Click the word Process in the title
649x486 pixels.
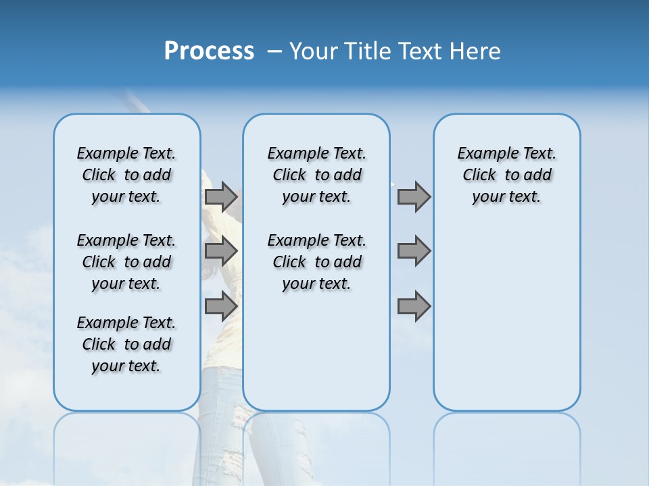[209, 51]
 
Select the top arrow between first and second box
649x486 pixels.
[221, 196]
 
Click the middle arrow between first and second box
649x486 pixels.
[221, 252]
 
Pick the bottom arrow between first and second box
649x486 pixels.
[221, 306]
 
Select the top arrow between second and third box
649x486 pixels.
[414, 196]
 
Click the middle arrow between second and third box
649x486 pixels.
[414, 252]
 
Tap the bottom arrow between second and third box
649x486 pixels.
[414, 306]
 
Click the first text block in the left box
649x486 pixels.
[126, 175]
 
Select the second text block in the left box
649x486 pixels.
[126, 262]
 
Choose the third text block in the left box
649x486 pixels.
[126, 344]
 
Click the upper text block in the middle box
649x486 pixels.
[316, 175]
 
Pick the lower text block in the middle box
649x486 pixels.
[316, 262]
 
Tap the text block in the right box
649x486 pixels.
[506, 175]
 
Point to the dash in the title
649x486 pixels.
[274, 51]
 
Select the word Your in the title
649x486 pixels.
[314, 51]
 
